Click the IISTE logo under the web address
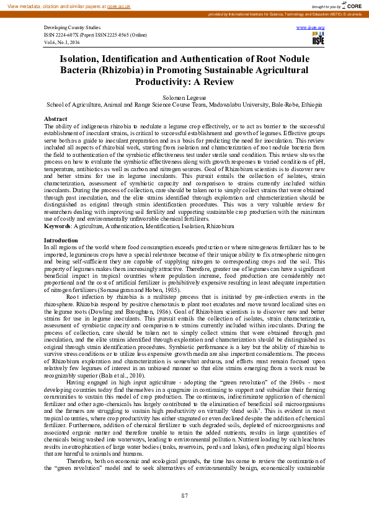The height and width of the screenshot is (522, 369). pos(318,40)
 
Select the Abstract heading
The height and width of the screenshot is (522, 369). pos(55,118)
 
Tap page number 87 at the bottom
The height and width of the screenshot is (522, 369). pos(184,495)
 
